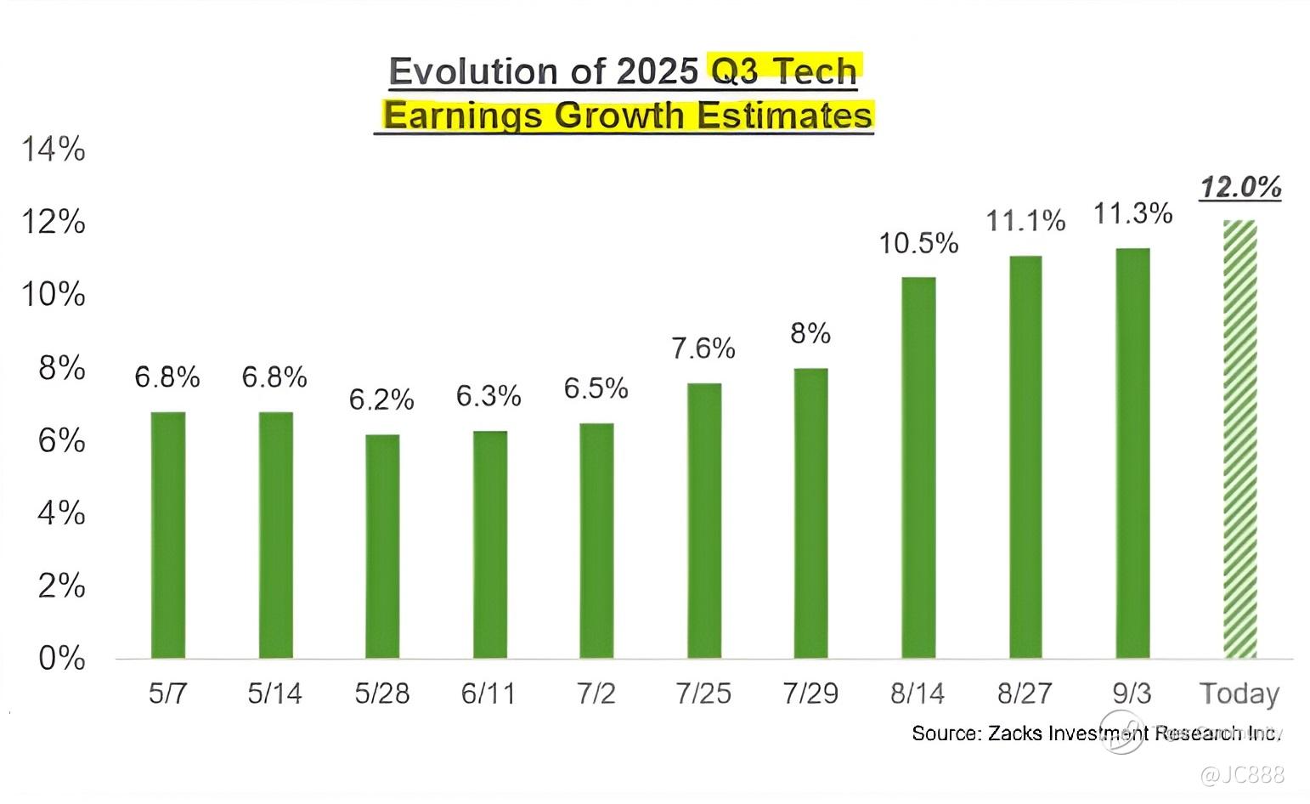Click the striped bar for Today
pos(1239,439)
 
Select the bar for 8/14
pos(918,467)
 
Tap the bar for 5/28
pos(382,546)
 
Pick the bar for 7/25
pos(704,520)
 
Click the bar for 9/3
pos(1132,453)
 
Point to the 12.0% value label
pos(1240,187)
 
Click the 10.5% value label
pos(918,244)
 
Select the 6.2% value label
pos(381,399)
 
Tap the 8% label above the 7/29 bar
pos(810,333)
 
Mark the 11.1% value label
pos(1025,222)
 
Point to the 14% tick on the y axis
pos(54,150)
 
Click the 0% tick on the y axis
pos(62,659)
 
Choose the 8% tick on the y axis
pos(62,368)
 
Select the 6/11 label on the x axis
pos(488,694)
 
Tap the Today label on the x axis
pos(1239,694)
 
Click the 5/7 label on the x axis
pos(167,694)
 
